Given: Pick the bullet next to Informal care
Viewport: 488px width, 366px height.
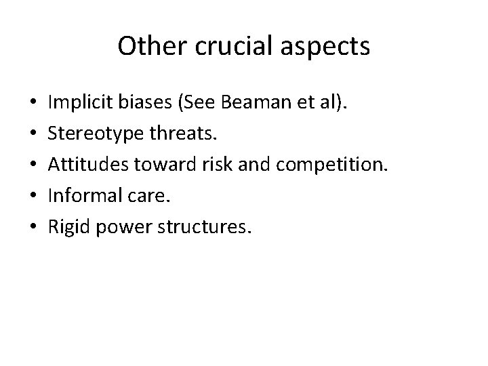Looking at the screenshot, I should pos(34,197).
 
